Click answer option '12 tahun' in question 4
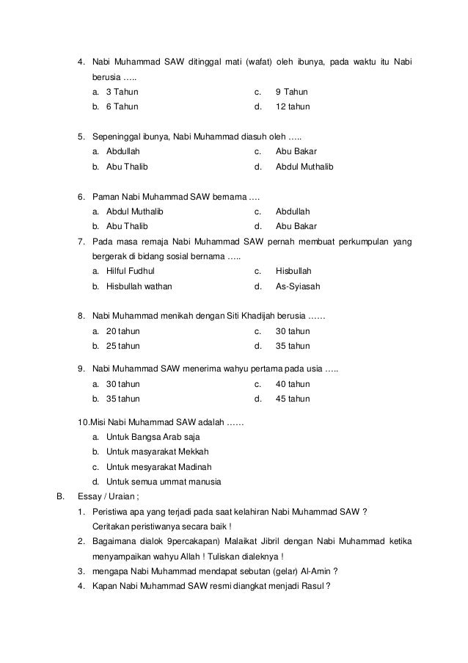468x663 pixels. click(x=292, y=106)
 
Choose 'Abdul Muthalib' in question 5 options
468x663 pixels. click(x=304, y=167)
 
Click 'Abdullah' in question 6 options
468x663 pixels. click(x=293, y=211)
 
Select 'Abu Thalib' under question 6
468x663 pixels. click(x=126, y=226)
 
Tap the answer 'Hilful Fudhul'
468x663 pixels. click(x=131, y=271)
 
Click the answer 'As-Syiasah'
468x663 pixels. click(x=297, y=286)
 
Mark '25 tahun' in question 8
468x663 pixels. click(x=123, y=346)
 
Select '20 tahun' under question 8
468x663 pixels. click(x=123, y=331)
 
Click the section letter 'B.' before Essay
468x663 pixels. click(x=62, y=496)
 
